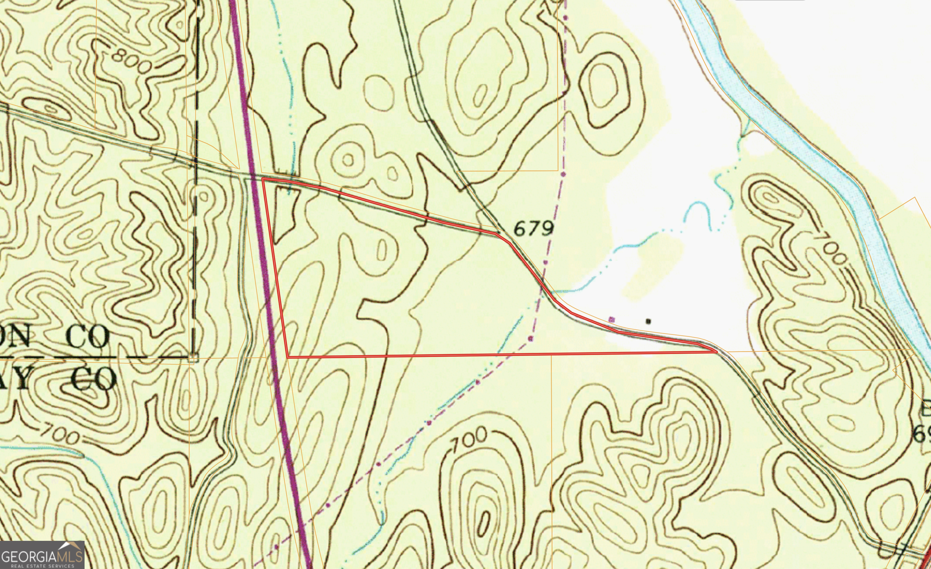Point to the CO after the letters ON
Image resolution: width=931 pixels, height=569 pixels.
pyautogui.click(x=88, y=338)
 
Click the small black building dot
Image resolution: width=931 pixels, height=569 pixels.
pyautogui.click(x=648, y=321)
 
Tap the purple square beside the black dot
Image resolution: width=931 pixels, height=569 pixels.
pyautogui.click(x=612, y=320)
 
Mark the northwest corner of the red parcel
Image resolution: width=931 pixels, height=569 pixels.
pyautogui.click(x=262, y=179)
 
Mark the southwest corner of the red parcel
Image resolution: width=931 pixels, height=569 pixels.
pyautogui.click(x=288, y=356)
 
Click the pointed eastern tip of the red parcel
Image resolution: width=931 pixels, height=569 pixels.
pyautogui.click(x=716, y=352)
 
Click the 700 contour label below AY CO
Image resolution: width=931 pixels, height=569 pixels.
pyautogui.click(x=59, y=434)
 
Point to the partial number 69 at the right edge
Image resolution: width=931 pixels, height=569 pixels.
pyautogui.click(x=922, y=434)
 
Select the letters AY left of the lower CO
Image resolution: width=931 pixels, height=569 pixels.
pyautogui.click(x=15, y=379)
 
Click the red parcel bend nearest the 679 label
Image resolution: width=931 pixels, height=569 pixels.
pyautogui.click(x=496, y=234)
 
